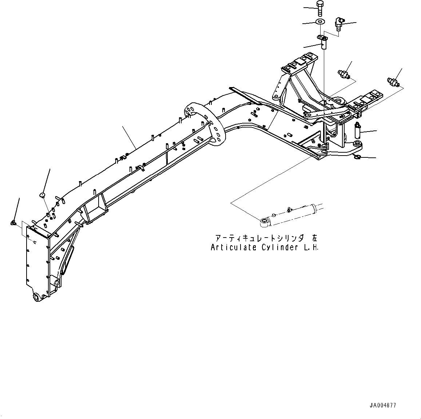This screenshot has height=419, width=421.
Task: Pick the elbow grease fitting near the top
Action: (339, 23)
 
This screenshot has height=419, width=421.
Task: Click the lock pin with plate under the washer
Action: (323, 42)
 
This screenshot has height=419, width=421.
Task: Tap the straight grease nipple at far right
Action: (393, 81)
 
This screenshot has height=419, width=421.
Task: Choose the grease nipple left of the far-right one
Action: (343, 74)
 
